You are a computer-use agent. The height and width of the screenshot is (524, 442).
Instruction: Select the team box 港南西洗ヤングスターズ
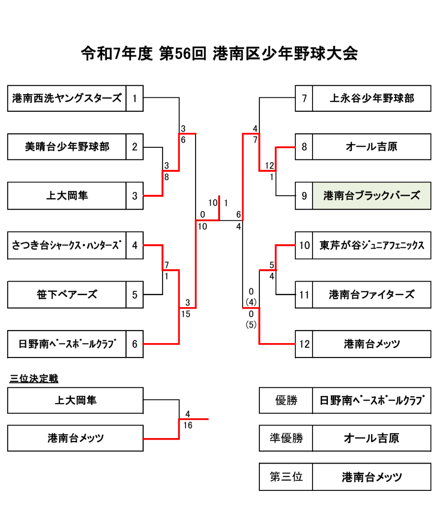(x=67, y=98)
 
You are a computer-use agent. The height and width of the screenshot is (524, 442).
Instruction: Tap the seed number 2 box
(x=135, y=147)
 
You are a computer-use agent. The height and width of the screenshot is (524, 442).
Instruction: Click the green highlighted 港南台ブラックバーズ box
(x=372, y=196)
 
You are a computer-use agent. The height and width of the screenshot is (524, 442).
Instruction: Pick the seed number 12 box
(x=304, y=344)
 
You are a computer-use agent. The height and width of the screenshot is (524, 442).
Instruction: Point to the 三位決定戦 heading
(x=34, y=379)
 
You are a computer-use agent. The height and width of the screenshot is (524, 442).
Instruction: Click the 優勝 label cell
(x=286, y=400)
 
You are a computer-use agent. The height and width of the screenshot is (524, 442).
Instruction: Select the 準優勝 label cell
(x=286, y=438)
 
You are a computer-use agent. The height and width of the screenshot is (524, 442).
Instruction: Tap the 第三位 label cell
(x=286, y=477)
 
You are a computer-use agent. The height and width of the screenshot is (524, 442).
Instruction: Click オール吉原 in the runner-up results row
(x=372, y=438)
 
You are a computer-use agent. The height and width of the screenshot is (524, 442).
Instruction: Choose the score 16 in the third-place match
(x=188, y=425)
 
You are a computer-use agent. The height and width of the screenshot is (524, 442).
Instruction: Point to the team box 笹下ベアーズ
(x=67, y=295)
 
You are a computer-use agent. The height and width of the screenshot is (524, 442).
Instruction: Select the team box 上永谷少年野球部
(x=372, y=98)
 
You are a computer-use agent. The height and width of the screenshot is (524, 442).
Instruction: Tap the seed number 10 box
(x=304, y=246)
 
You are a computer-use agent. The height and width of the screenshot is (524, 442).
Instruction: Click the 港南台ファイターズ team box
(x=372, y=295)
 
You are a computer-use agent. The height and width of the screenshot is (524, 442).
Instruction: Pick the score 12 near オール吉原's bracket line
(x=269, y=166)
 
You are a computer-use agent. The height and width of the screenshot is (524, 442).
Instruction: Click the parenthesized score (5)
(x=251, y=324)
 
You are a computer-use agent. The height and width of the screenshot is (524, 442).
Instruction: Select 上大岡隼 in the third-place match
(x=75, y=400)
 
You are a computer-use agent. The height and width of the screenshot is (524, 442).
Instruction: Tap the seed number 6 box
(x=135, y=344)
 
